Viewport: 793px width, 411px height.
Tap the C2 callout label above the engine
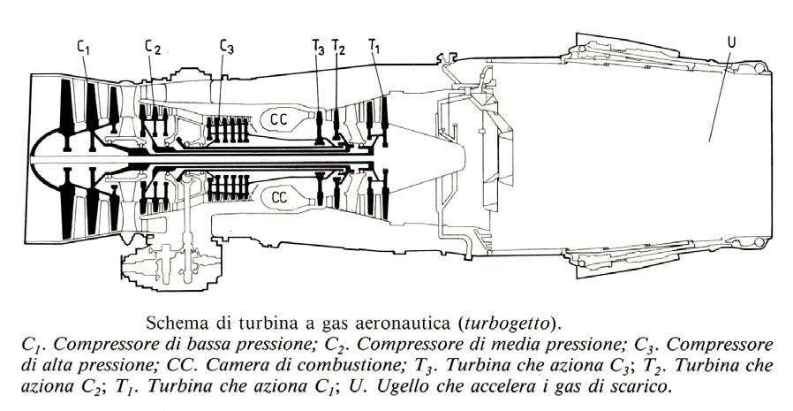pyautogui.click(x=153, y=48)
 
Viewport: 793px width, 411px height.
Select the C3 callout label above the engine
pyautogui.click(x=227, y=48)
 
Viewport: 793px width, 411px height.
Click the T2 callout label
pyautogui.click(x=339, y=48)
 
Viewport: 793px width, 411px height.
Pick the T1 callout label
pyautogui.click(x=374, y=44)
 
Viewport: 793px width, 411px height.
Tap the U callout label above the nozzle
pyautogui.click(x=729, y=42)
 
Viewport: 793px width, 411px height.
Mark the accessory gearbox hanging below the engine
pyautogui.click(x=168, y=265)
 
